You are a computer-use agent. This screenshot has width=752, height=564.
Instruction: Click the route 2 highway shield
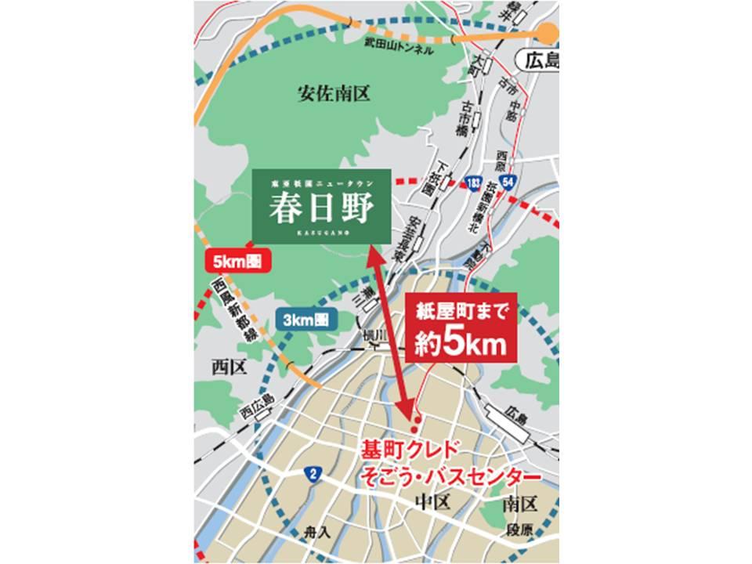pos(313,473)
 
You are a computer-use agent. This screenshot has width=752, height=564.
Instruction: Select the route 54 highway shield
pos(509,182)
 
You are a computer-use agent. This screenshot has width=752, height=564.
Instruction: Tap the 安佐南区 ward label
pos(333,95)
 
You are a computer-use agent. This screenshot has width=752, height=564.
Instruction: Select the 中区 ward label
pos(432,502)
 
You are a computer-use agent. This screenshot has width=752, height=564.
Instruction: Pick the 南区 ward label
pos(519,502)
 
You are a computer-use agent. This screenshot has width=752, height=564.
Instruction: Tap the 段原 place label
pos(519,530)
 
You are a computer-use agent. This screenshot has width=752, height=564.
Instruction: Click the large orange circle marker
pos(548,32)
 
